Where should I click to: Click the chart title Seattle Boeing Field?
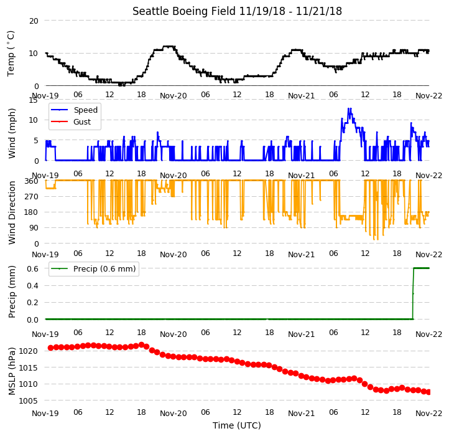(x=185, y=11)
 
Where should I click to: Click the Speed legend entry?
(x=75, y=110)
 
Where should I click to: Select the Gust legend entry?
(x=71, y=121)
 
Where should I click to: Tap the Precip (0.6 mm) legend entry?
(x=93, y=269)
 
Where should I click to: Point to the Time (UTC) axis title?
(x=237, y=425)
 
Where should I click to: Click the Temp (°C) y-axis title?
(x=11, y=54)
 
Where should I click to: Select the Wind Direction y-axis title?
(x=12, y=212)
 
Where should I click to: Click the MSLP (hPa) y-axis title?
(x=12, y=371)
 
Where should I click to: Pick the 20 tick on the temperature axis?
(x=34, y=21)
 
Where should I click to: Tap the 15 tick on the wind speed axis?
(x=34, y=100)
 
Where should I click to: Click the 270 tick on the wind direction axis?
(x=32, y=197)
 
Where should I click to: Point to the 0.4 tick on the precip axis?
(x=32, y=286)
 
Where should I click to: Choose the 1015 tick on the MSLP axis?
(x=28, y=367)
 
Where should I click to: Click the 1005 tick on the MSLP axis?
(x=28, y=400)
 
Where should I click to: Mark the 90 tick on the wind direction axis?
(x=34, y=228)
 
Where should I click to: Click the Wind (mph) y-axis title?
(x=12, y=133)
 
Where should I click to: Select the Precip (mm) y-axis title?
(x=12, y=291)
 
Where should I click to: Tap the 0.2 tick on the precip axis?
(x=32, y=302)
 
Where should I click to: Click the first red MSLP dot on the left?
(x=51, y=348)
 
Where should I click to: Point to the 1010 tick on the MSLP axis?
(x=28, y=384)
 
